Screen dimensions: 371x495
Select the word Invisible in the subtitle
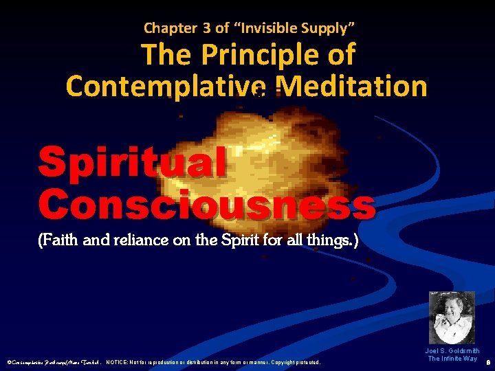click(x=265, y=28)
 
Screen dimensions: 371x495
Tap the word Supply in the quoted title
click(x=327, y=28)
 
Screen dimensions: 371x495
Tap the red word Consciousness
click(x=207, y=204)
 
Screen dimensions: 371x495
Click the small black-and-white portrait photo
click(x=452, y=317)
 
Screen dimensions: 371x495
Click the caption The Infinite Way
click(x=452, y=359)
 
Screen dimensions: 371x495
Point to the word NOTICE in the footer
click(x=120, y=362)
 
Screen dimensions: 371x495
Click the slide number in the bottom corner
click(x=487, y=360)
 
